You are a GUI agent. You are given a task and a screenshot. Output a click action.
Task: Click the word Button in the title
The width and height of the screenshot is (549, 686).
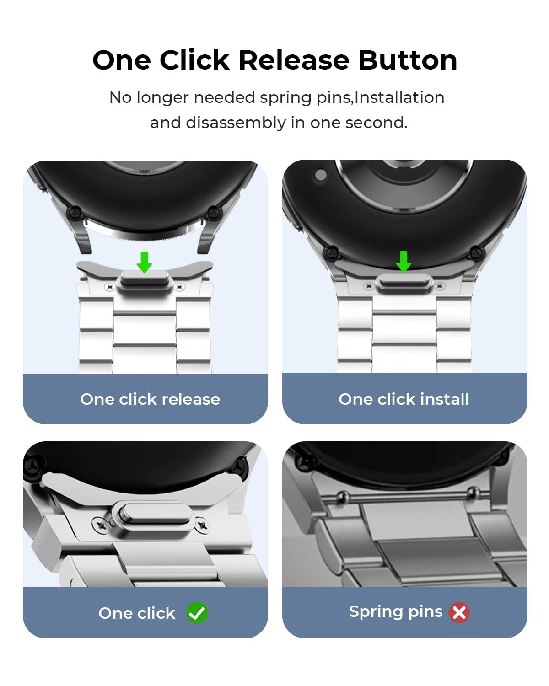pyautogui.click(x=407, y=60)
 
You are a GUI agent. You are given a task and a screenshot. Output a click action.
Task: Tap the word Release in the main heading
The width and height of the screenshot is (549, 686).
pyautogui.click(x=294, y=60)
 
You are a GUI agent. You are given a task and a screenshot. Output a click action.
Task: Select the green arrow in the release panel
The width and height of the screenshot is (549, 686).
pyautogui.click(x=145, y=262)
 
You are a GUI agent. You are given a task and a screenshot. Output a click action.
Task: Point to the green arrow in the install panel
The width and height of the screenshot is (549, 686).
pyautogui.click(x=404, y=261)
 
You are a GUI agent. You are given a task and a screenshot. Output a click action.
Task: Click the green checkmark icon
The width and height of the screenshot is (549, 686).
pyautogui.click(x=197, y=613)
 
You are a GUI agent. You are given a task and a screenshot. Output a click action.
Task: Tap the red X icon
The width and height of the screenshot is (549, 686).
pyautogui.click(x=459, y=612)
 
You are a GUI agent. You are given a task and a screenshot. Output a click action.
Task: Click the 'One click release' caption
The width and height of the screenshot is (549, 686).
pyautogui.click(x=150, y=399)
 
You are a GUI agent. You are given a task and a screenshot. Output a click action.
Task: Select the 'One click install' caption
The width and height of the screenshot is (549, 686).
pyautogui.click(x=404, y=399)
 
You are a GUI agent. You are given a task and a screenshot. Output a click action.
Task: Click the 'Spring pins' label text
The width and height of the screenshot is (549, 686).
pyautogui.click(x=396, y=611)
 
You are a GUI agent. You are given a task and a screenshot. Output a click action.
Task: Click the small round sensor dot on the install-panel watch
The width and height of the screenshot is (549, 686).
pyautogui.click(x=321, y=175)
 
